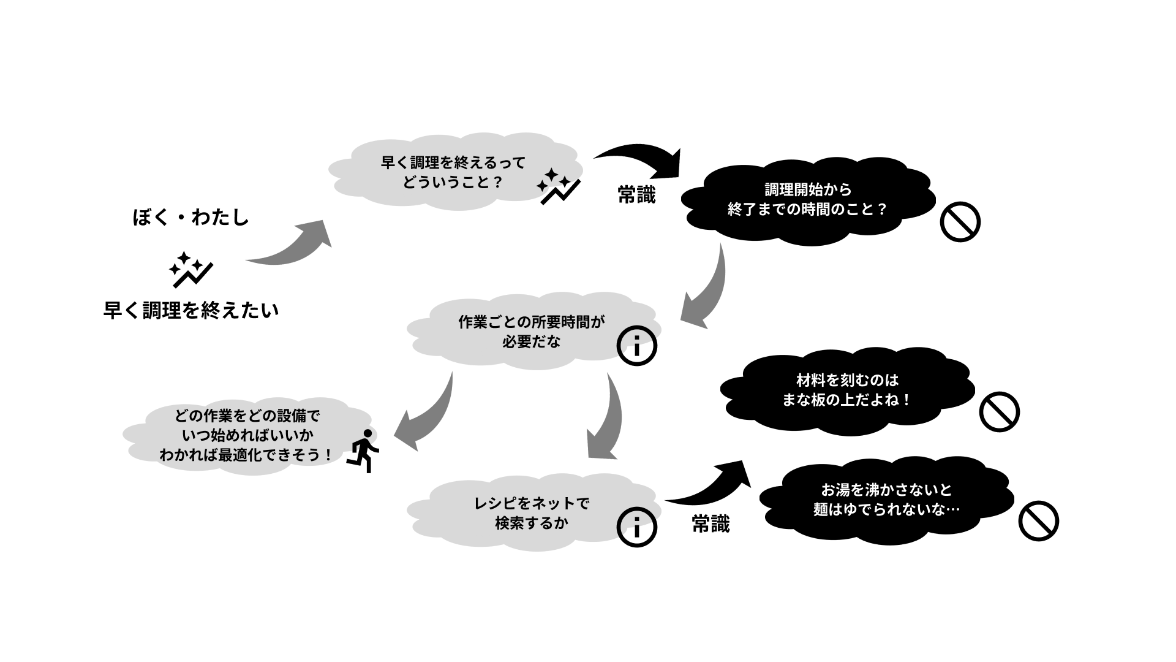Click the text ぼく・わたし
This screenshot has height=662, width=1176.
coord(191,218)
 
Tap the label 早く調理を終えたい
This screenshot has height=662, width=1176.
coord(191,310)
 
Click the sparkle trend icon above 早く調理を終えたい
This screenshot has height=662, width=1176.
coord(191,270)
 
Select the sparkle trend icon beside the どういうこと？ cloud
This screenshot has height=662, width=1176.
coord(559,186)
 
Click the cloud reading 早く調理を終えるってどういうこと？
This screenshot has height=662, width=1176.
coord(454,172)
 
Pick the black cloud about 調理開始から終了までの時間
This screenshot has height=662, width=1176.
coord(809,201)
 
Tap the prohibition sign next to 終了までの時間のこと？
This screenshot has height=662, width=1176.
coord(960,222)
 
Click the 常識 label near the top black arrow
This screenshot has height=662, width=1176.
coord(636,195)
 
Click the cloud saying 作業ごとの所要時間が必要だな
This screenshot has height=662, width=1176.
coord(532,332)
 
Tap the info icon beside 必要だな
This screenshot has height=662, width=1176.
coord(637,346)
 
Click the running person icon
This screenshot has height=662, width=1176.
coord(363,451)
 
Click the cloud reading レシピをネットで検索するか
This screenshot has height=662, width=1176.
coord(532,513)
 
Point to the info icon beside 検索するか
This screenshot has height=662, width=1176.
coord(637,527)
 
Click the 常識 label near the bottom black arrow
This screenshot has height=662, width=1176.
coord(711,524)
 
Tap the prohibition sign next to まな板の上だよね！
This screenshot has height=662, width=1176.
coord(1000,411)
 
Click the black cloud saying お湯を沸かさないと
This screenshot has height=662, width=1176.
coord(887,500)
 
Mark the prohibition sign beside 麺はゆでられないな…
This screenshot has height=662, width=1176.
coord(1039,521)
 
